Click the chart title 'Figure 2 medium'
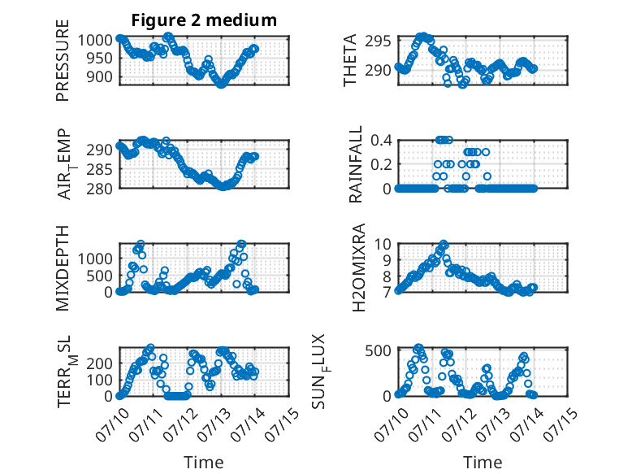tap(204, 20)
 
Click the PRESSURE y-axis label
tap(63, 60)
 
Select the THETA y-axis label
tap(350, 60)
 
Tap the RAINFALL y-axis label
tap(356, 164)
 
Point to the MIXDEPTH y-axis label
tap(63, 268)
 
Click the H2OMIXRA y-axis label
tap(358, 267)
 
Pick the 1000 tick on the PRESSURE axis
tap(95, 41)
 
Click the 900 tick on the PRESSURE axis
tap(99, 76)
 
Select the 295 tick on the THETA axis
tap(378, 41)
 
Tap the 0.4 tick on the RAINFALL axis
tap(381, 141)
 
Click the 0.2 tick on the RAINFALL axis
tap(381, 164)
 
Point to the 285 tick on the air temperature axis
tap(99, 169)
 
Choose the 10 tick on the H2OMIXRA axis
tap(383, 244)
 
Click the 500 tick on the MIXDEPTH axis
tap(99, 276)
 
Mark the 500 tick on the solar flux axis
tap(378, 350)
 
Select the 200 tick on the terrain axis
tap(99, 363)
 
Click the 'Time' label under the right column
tap(483, 463)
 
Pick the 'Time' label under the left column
tap(204, 463)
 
